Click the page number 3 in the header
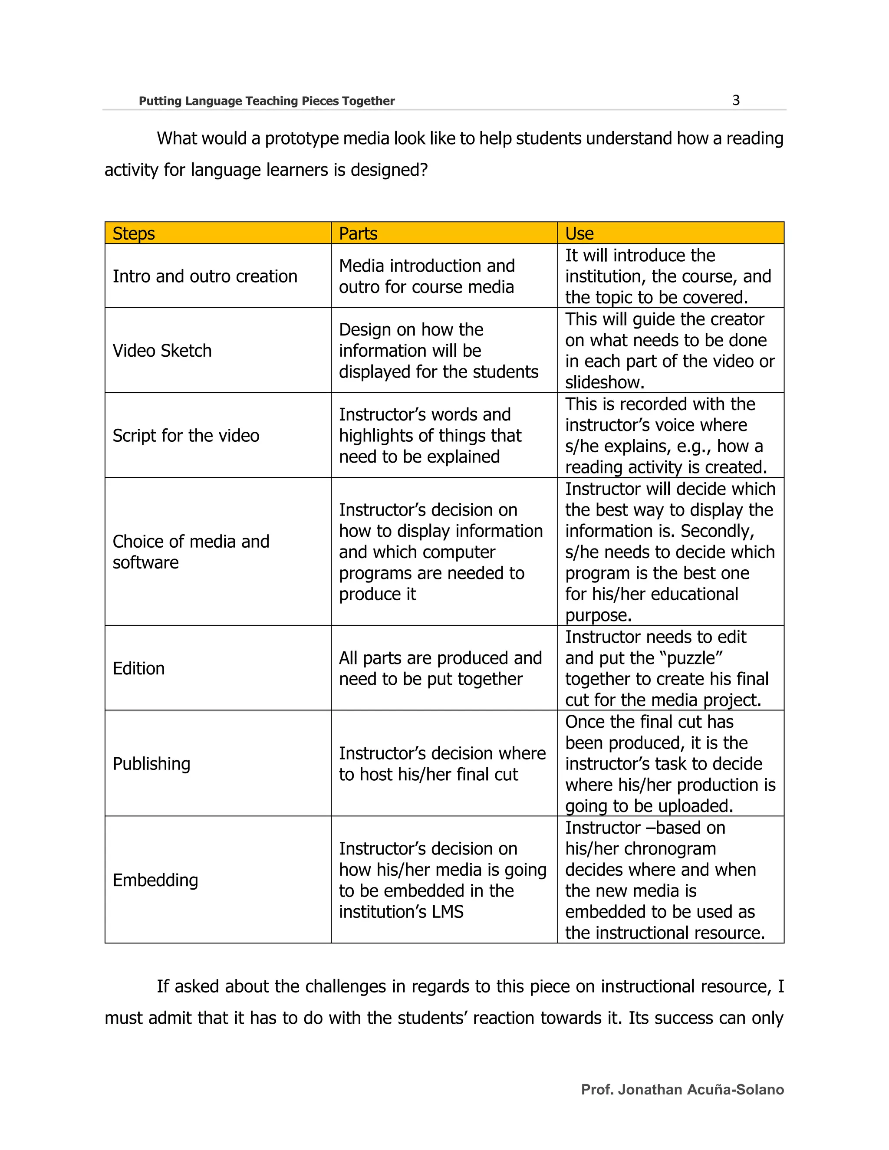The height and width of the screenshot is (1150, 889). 736,100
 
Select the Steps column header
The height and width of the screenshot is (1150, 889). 134,233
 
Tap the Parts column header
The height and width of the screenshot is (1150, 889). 358,233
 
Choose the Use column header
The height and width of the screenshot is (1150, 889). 579,233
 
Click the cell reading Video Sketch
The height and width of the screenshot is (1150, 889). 162,351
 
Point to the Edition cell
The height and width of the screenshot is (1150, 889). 138,668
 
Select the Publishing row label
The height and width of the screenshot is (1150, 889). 151,763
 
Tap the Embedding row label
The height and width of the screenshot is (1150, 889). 155,880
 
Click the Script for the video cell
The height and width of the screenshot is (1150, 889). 186,435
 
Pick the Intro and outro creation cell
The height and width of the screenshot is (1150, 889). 205,276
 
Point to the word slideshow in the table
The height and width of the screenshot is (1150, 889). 604,382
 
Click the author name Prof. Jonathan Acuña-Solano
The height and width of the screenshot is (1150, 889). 682,1089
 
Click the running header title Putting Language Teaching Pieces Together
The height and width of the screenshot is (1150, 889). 267,101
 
